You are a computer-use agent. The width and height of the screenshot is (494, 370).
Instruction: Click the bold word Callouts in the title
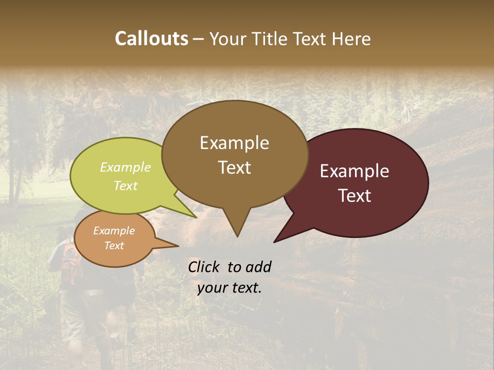coord(151,39)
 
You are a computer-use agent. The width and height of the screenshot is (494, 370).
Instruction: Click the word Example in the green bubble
coord(125,167)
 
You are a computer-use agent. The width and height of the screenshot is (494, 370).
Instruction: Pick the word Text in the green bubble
coord(125,186)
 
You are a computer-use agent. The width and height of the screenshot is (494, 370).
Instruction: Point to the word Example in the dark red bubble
coord(355,171)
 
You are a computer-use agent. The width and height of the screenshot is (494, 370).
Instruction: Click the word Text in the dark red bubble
coord(355,195)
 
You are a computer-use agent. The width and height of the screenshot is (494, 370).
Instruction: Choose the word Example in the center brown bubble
coord(234,143)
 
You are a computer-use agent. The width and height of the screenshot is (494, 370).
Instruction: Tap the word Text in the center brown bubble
coord(235,167)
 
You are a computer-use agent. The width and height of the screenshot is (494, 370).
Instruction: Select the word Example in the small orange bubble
coord(114,231)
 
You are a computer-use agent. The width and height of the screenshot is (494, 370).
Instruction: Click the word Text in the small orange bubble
coord(114,246)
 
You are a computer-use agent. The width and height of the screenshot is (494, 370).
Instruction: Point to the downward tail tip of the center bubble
coord(237,236)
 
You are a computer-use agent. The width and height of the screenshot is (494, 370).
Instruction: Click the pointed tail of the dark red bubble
coord(275,241)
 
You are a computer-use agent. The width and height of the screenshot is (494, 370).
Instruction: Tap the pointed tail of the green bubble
coord(196,217)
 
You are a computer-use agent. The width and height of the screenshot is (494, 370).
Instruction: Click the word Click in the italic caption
coord(204,267)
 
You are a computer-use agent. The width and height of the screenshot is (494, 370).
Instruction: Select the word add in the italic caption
coord(258,267)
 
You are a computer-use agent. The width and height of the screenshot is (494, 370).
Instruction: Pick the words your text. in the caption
coord(230,288)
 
